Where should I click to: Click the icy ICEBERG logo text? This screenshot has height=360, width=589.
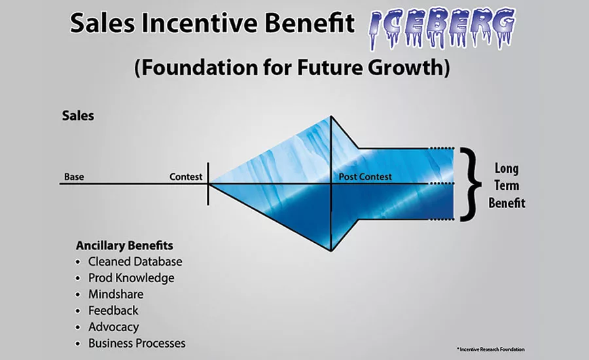[442, 29]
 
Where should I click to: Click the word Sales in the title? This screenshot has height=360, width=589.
[102, 22]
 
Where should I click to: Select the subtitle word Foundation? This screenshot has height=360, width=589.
[196, 67]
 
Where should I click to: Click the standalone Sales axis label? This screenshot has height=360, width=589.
[78, 116]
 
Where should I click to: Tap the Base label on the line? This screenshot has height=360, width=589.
[74, 177]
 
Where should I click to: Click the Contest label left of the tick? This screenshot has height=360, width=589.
[186, 177]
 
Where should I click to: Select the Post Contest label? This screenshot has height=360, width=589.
[365, 177]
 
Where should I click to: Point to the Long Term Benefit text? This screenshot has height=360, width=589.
[507, 185]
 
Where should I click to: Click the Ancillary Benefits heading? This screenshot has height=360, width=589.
[124, 245]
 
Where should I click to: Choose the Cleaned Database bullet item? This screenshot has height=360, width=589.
[135, 262]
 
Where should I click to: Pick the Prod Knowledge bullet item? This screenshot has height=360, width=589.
[131, 278]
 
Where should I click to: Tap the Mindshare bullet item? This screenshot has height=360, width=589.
[116, 295]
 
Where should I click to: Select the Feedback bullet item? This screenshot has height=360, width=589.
[113, 310]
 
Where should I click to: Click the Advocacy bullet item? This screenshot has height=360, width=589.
[113, 327]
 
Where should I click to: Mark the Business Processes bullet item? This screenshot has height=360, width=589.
[137, 343]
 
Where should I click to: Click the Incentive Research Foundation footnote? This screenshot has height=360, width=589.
[491, 350]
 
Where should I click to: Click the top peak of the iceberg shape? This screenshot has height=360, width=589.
[331, 116]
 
